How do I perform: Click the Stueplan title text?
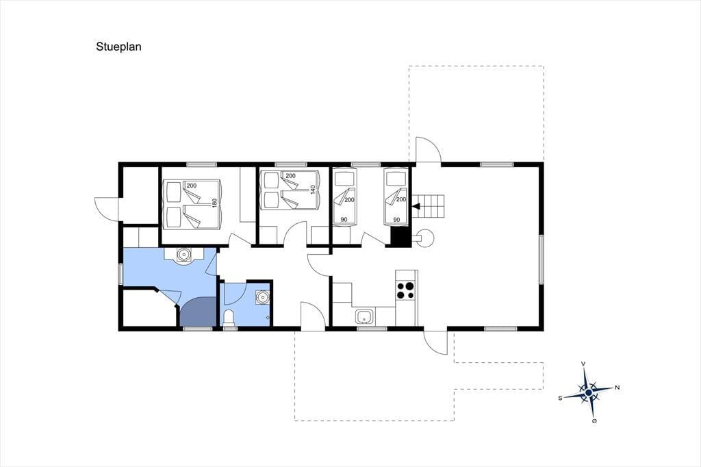tap(118, 47)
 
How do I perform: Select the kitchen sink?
tap(366, 317)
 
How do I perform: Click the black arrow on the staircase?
tap(416, 206)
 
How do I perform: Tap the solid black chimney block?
tap(400, 237)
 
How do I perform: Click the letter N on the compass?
tap(617, 388)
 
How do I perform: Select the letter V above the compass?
tap(583, 364)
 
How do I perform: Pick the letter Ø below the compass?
tap(594, 421)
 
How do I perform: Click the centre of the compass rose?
tap(589, 392)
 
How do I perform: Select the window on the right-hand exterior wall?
tap(541, 259)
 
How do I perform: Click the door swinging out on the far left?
tap(106, 208)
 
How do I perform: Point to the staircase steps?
tap(429, 206)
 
